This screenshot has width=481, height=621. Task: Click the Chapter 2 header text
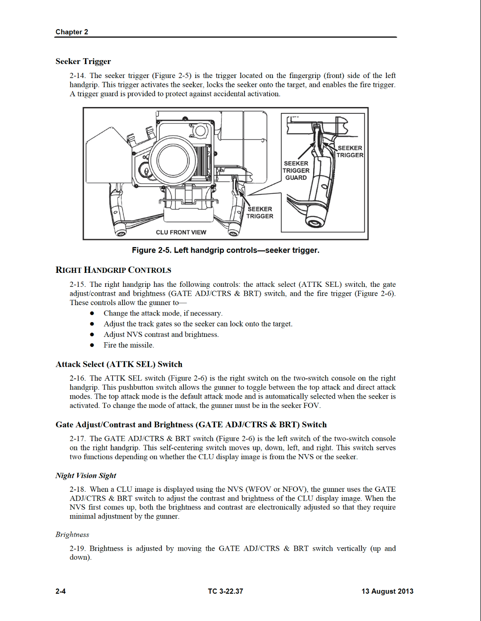[x=72, y=32]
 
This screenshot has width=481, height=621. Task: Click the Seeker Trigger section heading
[x=83, y=61]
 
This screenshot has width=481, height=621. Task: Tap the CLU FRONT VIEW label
[x=181, y=232]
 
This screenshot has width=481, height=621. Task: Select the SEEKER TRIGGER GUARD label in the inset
[x=296, y=170]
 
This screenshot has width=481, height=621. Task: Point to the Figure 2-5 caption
[x=225, y=250]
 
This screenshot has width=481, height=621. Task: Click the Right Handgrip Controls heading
[x=113, y=270]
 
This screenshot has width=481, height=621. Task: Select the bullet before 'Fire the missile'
[x=92, y=345]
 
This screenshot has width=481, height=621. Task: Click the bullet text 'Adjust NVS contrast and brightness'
[x=161, y=335]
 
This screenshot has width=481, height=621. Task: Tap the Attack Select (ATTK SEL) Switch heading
[x=119, y=364]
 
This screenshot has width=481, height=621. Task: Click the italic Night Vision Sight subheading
[x=86, y=475]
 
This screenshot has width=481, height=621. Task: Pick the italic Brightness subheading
[x=72, y=534]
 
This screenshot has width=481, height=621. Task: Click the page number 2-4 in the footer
[x=61, y=591]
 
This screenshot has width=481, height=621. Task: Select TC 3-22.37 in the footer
[x=225, y=591]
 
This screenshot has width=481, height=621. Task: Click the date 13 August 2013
[x=387, y=591]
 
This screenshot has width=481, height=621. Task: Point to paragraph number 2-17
[x=77, y=439]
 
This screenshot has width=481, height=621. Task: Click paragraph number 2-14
[x=77, y=76]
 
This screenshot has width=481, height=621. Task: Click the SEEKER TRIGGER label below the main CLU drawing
[x=260, y=212]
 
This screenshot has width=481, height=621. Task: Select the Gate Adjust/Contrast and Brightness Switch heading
[x=191, y=425]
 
